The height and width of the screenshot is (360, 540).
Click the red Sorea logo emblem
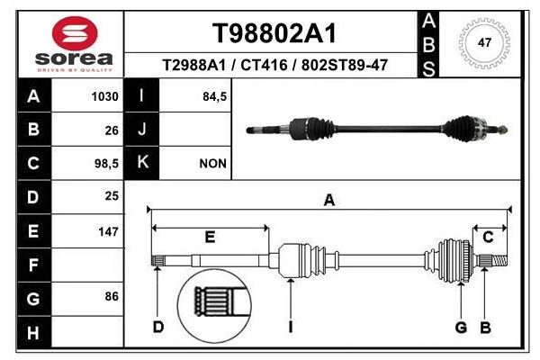pyautogui.click(x=75, y=33)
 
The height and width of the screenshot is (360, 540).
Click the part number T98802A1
pyautogui.click(x=274, y=33)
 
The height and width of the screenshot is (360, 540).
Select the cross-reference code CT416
pyautogui.click(x=264, y=65)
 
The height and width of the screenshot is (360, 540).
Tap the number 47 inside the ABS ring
pyautogui.click(x=484, y=42)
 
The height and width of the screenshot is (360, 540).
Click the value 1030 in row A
pyautogui.click(x=105, y=96)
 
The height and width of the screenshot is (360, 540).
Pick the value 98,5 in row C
pyautogui.click(x=107, y=164)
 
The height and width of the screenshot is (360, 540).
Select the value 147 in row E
pyautogui.click(x=109, y=231)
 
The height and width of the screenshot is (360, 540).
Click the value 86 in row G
pyautogui.click(x=112, y=296)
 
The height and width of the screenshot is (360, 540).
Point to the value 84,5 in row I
pyautogui.click(x=215, y=96)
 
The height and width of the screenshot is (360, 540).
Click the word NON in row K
pyautogui.click(x=213, y=164)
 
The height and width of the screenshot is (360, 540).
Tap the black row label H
pyautogui.click(x=34, y=333)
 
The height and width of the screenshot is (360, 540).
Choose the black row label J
pyautogui.click(x=142, y=130)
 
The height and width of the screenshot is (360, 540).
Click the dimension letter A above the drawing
pyautogui.click(x=329, y=200)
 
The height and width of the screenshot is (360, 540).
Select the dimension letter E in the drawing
pyautogui.click(x=210, y=238)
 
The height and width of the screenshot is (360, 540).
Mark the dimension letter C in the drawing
pyautogui.click(x=488, y=237)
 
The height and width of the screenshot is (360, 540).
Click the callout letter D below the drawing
pyautogui.click(x=158, y=327)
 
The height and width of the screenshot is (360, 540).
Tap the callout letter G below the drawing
pyautogui.click(x=461, y=327)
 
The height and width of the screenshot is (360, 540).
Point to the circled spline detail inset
pyautogui.click(x=214, y=306)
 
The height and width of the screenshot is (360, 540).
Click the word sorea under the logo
pyautogui.click(x=74, y=58)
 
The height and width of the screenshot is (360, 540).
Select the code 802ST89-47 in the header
pyautogui.click(x=345, y=65)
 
